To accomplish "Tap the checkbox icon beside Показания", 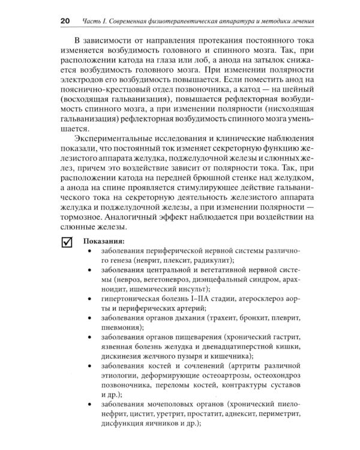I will (x=66, y=242).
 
